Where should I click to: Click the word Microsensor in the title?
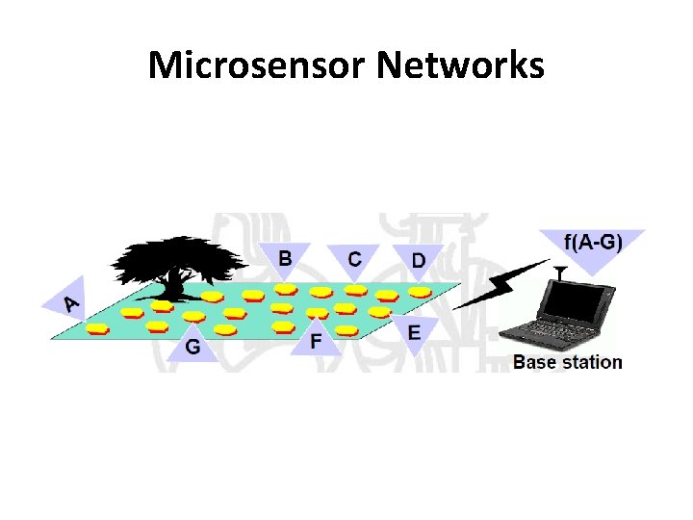click(x=257, y=65)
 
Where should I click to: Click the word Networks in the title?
click(x=461, y=65)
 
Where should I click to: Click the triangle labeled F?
click(x=316, y=339)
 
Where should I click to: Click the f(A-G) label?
click(x=592, y=243)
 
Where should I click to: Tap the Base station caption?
click(x=567, y=362)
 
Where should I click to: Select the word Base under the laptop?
click(x=532, y=362)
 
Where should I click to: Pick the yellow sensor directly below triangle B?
click(x=286, y=288)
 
